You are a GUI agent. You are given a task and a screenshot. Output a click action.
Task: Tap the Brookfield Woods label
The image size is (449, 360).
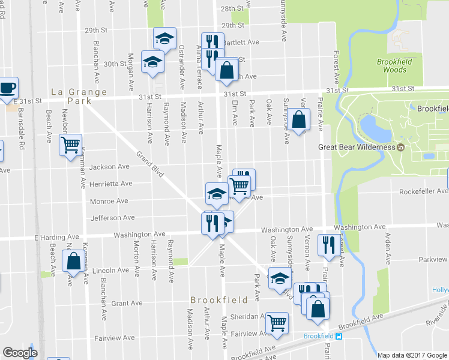click(392, 65)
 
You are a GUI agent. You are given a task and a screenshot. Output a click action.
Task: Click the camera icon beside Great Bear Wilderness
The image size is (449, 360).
click(400, 147)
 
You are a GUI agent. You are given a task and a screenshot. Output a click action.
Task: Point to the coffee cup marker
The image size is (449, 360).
click(8, 88)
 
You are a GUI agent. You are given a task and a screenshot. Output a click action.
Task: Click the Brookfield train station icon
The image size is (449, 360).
click(339, 336)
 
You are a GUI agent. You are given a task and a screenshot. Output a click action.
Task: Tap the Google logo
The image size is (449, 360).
click(20, 353)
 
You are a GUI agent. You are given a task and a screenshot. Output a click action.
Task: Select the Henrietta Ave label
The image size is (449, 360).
click(110, 184)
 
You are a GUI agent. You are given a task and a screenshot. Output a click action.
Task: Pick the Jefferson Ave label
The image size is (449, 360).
click(112, 218)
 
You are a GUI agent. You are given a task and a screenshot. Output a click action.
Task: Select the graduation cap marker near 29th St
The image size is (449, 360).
click(164, 39)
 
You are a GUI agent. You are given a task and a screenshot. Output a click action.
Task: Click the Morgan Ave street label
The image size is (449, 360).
click(130, 67)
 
